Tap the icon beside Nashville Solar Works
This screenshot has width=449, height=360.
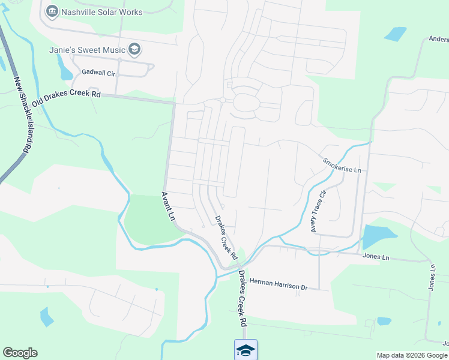pos(52,11)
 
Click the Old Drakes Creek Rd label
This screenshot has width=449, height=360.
pos(67,98)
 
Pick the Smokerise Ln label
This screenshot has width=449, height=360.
pos(342,166)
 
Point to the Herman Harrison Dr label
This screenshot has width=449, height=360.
pos(278,286)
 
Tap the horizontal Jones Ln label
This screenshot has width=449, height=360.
pos(376,257)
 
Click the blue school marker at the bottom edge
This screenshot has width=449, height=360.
pos(246,350)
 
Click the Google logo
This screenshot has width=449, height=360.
pos(20,353)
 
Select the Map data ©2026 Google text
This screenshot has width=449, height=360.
pos(412,355)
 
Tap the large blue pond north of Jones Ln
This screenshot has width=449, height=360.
pos(378,236)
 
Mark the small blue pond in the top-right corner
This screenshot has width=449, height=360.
pos(395,34)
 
